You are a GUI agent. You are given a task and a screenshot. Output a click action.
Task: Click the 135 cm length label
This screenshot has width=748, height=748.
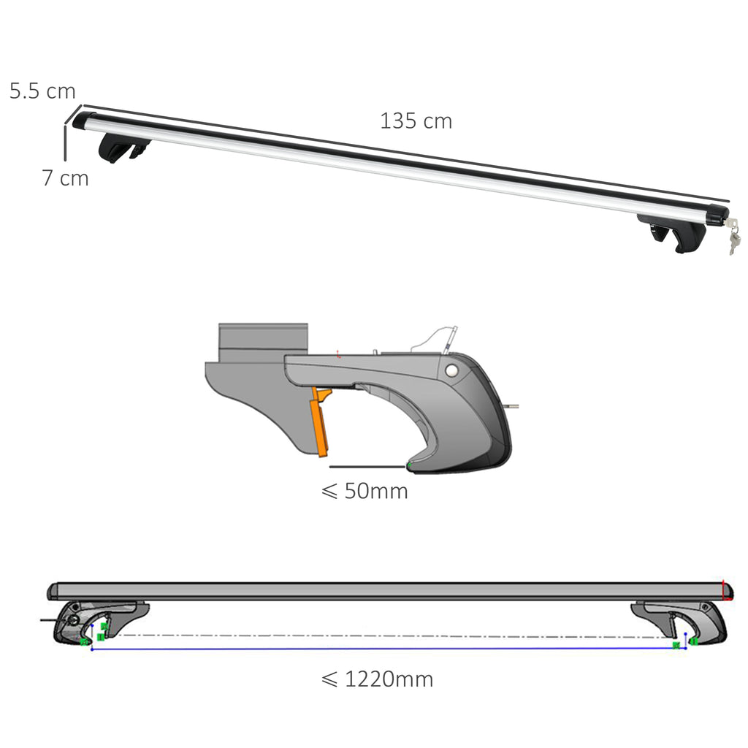click(416, 121)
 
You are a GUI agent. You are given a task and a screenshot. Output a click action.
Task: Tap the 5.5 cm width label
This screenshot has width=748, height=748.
click(42, 91)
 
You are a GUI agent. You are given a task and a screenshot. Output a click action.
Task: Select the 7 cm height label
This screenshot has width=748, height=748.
click(65, 178)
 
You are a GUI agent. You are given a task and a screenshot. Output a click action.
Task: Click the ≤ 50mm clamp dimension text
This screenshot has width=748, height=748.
click(365, 491)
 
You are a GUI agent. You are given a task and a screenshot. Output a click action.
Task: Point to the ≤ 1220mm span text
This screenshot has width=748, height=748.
click(377, 679)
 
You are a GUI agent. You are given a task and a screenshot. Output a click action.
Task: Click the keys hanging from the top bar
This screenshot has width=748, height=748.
click(733, 237)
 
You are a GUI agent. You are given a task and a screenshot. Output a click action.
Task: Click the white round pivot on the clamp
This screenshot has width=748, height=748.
click(454, 371)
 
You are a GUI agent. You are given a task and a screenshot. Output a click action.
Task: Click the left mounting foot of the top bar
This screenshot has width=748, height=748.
click(123, 148)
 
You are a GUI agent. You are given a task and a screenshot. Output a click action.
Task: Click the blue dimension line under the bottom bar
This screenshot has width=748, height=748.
click(387, 649)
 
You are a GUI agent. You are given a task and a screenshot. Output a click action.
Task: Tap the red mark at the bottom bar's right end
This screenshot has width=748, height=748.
click(726, 590)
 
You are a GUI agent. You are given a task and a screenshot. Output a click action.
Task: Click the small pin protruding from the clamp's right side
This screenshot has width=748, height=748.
click(514, 408)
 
